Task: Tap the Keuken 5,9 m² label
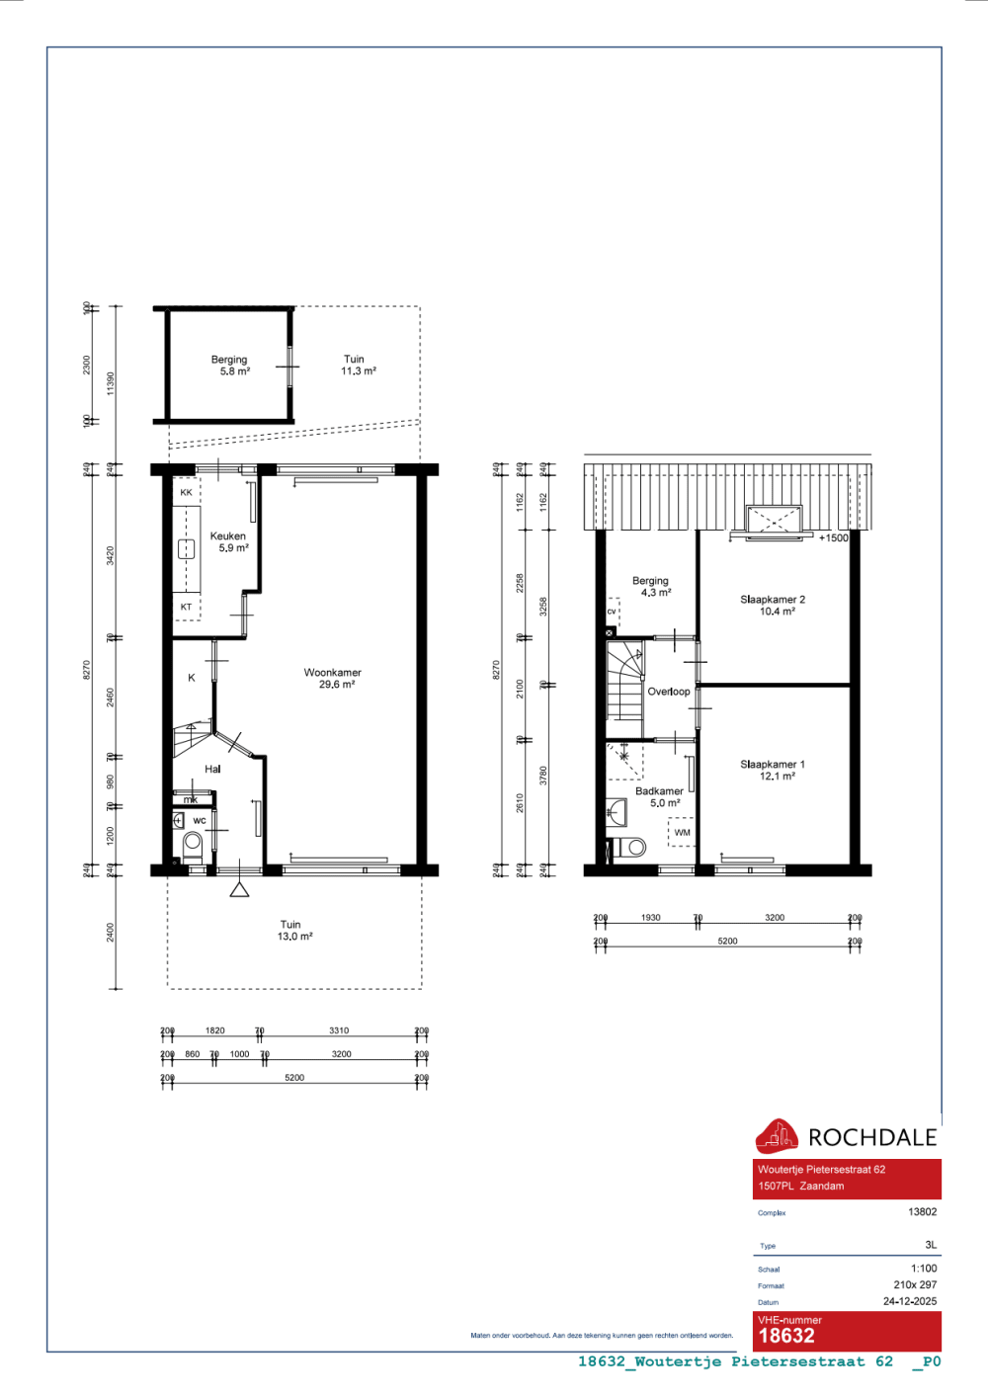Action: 228,541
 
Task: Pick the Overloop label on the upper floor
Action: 669,692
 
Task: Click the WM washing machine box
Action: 682,833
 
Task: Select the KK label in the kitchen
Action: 186,492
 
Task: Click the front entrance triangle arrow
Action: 239,890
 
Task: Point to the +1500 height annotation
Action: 833,537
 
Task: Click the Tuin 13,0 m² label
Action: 293,931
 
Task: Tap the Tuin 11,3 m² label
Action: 357,365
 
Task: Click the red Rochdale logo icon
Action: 777,1136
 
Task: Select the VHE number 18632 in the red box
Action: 786,1336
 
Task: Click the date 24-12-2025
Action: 909,1301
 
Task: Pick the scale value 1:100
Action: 924,1269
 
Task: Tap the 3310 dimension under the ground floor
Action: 339,1030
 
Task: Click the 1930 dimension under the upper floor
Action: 650,918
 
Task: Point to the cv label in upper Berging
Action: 612,612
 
